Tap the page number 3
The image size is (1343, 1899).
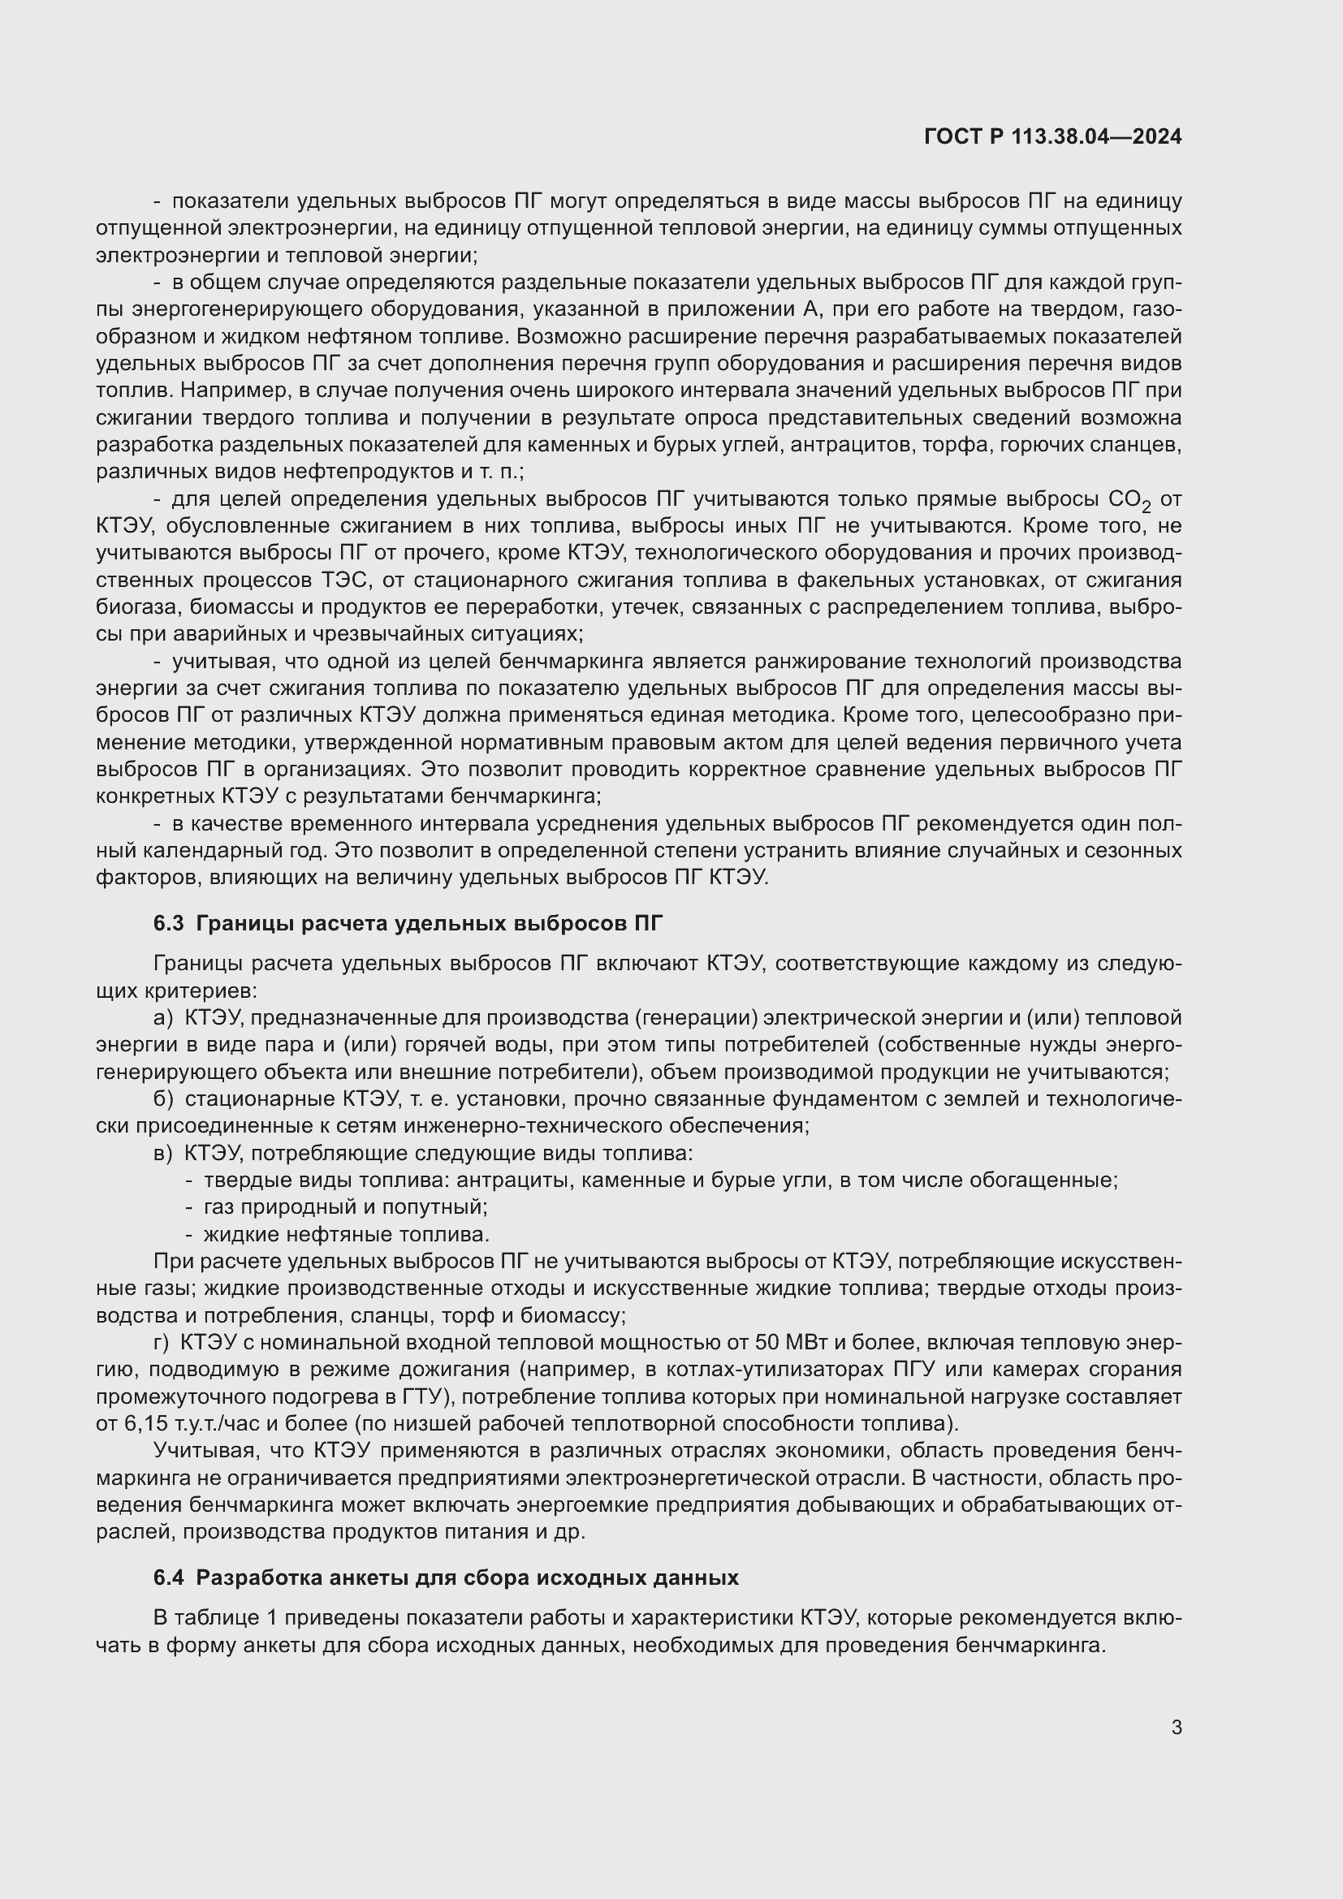(x=1176, y=1728)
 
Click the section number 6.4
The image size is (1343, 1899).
(x=168, y=1578)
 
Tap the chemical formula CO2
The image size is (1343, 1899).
(x=1128, y=500)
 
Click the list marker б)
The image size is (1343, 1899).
(x=163, y=1099)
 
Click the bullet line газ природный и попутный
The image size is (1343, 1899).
(x=345, y=1207)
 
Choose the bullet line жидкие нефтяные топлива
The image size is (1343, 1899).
(x=346, y=1235)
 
